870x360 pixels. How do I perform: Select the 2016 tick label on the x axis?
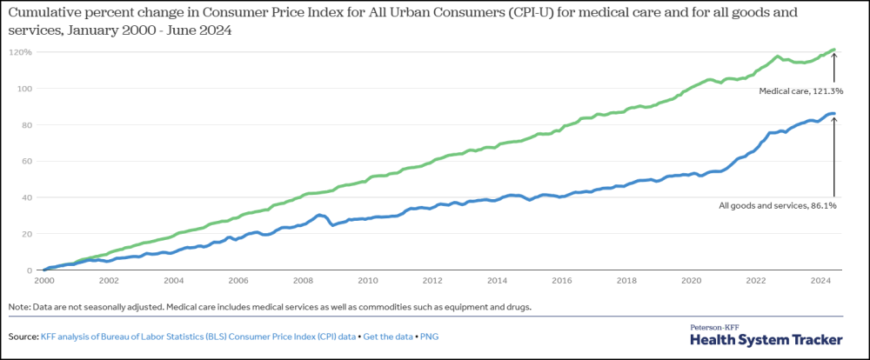point(563,281)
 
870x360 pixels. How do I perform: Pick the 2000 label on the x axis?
point(43,281)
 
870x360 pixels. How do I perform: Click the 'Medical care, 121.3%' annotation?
point(801,91)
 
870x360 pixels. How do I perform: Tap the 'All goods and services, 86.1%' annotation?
point(777,206)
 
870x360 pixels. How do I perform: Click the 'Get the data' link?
point(388,337)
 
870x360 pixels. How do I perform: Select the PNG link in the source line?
point(430,337)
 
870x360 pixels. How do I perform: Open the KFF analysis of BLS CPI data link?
point(198,337)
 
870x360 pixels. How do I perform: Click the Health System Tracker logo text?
point(766,339)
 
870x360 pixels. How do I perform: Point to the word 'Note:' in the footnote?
point(19,307)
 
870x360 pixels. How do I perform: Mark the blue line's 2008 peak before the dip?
point(319,214)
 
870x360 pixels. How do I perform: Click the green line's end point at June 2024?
point(833,50)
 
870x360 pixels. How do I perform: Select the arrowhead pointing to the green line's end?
point(833,56)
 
